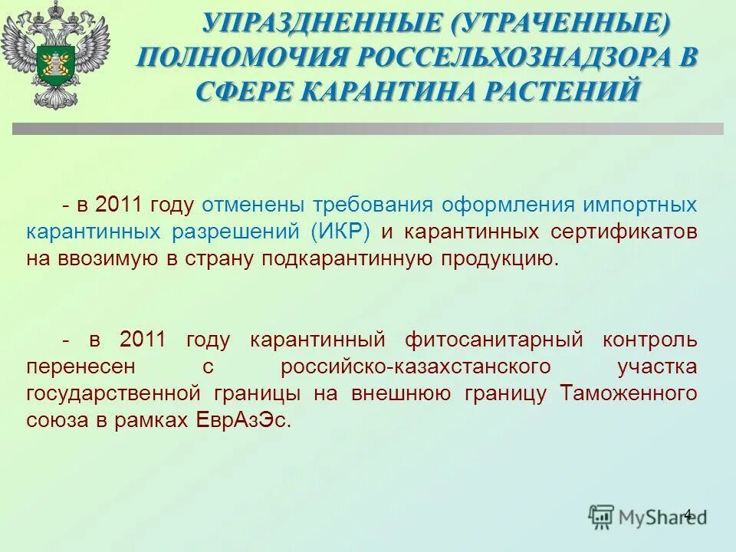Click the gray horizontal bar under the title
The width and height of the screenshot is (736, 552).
click(367, 129)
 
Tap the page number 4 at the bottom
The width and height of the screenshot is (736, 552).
click(687, 514)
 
